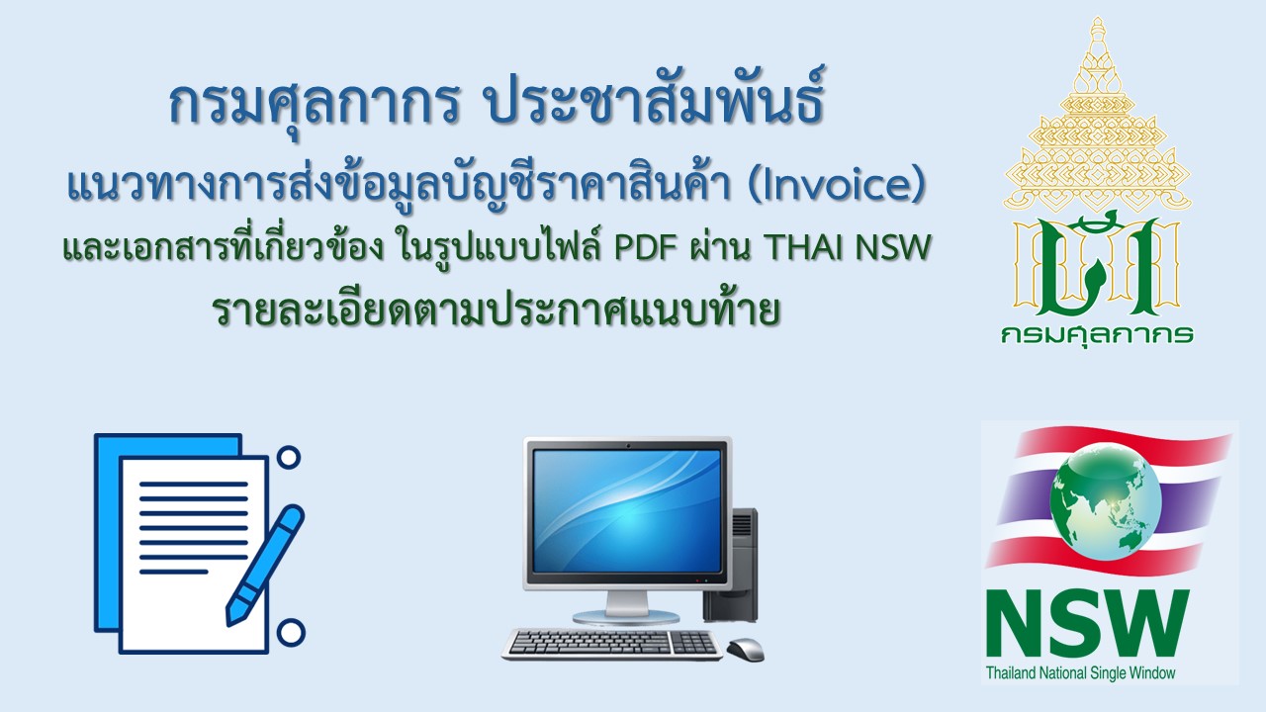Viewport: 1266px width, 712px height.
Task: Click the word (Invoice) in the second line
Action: (x=836, y=185)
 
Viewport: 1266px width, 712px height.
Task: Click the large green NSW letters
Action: (x=1088, y=623)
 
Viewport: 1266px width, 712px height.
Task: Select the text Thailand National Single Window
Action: (x=1081, y=673)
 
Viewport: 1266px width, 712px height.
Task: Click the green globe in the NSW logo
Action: (x=1106, y=501)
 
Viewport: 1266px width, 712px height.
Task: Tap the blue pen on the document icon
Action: (x=265, y=565)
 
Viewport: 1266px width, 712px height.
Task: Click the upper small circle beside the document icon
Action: (x=289, y=457)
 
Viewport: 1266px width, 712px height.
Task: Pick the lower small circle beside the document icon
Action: (x=291, y=633)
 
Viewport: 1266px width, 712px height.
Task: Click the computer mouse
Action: (x=746, y=650)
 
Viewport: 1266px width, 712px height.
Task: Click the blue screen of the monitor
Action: (x=627, y=511)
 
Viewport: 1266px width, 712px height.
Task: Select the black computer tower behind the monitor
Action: (x=732, y=565)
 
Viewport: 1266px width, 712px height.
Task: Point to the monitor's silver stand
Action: (x=625, y=607)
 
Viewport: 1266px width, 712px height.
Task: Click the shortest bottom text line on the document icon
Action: (x=173, y=572)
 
